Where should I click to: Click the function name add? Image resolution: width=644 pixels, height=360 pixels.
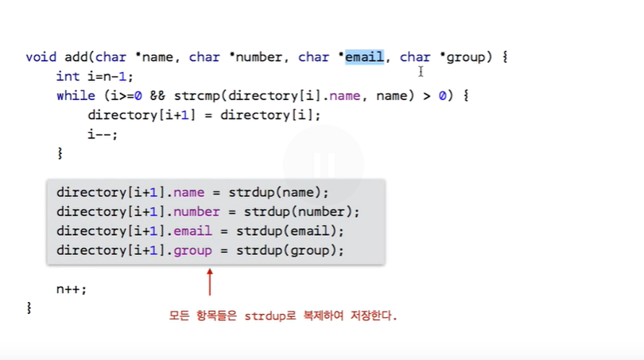tap(76, 57)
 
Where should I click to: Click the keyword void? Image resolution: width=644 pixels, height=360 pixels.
tap(41, 57)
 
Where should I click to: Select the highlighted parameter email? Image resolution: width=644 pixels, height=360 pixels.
tap(364, 57)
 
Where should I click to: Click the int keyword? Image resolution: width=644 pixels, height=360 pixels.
tap(68, 76)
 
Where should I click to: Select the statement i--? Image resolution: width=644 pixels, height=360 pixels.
tap(103, 134)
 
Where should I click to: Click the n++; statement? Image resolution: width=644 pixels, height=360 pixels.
tap(72, 288)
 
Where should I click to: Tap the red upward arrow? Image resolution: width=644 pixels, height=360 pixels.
tap(210, 281)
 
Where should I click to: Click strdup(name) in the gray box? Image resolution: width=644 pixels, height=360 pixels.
tap(278, 193)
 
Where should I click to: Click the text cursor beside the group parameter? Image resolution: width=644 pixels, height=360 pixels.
tap(421, 72)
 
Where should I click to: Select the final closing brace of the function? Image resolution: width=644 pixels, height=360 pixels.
tap(29, 308)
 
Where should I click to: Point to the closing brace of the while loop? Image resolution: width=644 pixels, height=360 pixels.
tap(60, 153)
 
